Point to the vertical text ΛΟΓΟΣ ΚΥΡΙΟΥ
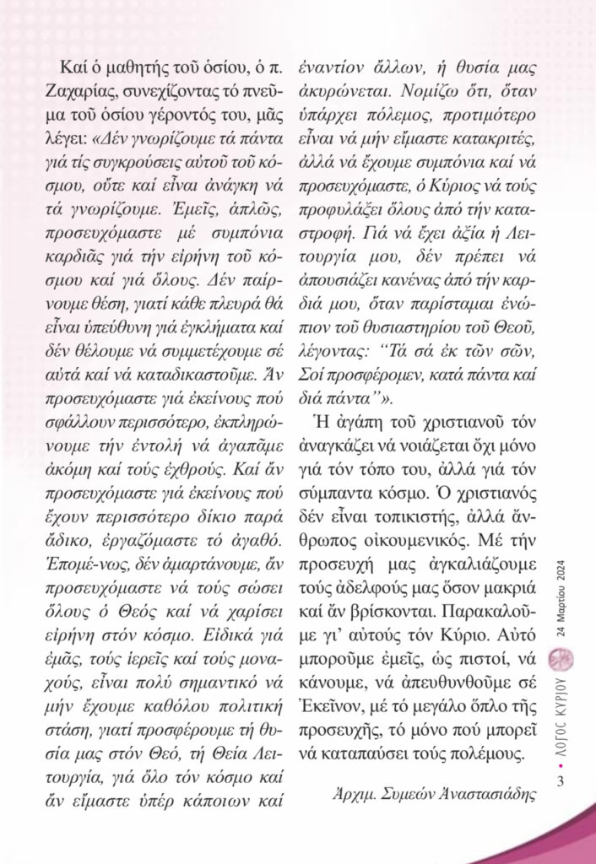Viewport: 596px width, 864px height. point(561,708)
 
